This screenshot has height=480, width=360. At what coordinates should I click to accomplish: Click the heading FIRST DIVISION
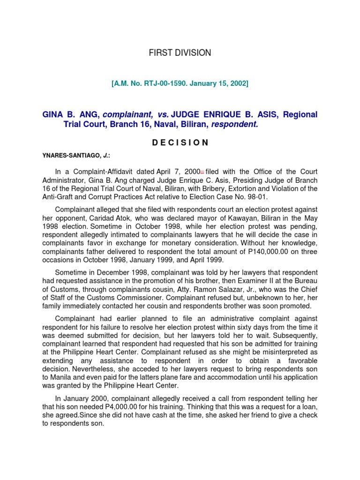(x=180, y=53)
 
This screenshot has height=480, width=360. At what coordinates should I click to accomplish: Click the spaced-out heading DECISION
(x=180, y=143)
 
